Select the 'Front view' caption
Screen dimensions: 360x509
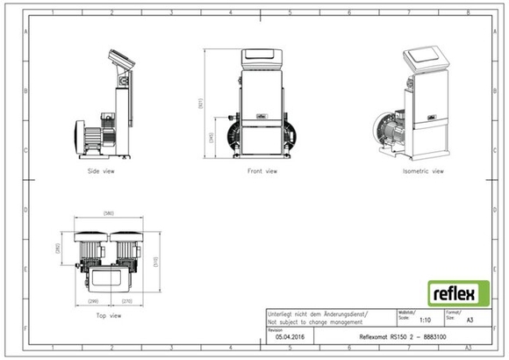tap(262, 171)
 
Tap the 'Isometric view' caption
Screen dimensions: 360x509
tap(424, 171)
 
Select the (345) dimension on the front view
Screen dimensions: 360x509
tap(210, 138)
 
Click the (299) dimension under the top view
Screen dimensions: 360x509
tap(92, 301)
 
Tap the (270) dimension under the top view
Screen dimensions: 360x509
tap(125, 301)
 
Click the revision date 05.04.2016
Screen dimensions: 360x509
tap(290, 336)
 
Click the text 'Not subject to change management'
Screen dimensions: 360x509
tap(312, 322)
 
